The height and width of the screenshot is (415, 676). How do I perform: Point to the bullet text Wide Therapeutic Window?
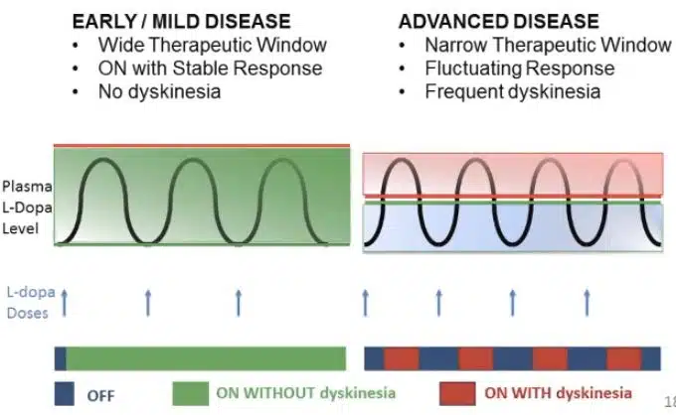pyautogui.click(x=212, y=45)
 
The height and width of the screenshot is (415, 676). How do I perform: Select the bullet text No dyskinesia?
pyautogui.click(x=159, y=91)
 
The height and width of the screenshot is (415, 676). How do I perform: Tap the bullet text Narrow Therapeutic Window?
pyautogui.click(x=548, y=45)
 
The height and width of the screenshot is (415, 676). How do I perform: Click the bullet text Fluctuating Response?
pyautogui.click(x=519, y=69)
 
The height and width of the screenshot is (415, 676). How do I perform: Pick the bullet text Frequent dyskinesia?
pyautogui.click(x=512, y=91)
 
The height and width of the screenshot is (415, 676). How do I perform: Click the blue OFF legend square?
pyautogui.click(x=67, y=393)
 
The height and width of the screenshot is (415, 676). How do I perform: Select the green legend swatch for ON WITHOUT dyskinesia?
pyautogui.click(x=191, y=393)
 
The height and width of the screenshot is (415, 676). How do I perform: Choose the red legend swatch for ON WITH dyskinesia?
pyautogui.click(x=456, y=393)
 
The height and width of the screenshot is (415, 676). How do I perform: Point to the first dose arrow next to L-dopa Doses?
pyautogui.click(x=65, y=301)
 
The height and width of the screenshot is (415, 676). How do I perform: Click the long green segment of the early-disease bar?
pyautogui.click(x=205, y=357)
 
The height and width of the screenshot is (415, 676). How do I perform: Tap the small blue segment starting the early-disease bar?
pyautogui.click(x=60, y=357)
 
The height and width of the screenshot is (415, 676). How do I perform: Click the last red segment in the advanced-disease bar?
pyautogui.click(x=623, y=357)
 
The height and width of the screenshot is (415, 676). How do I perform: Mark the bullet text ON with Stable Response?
pyautogui.click(x=210, y=69)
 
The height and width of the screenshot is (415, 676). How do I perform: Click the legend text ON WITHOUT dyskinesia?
pyautogui.click(x=305, y=393)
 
